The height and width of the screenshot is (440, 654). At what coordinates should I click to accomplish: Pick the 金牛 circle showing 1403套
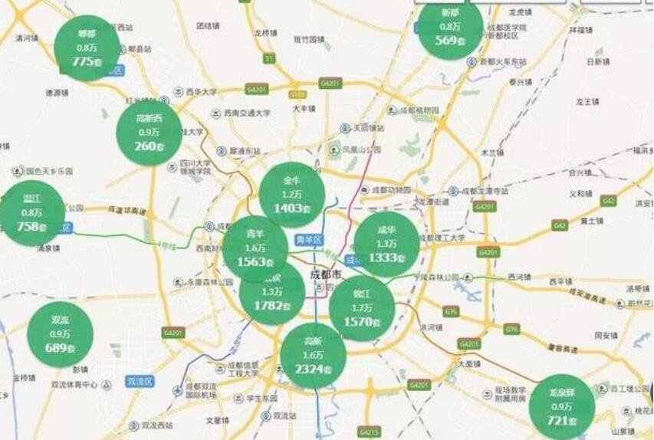(x=292, y=194)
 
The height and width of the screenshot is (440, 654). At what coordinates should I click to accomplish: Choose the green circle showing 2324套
(x=313, y=355)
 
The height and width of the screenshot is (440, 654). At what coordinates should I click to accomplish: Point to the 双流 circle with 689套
(x=60, y=334)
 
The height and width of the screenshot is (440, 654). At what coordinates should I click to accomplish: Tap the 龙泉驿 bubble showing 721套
(x=561, y=406)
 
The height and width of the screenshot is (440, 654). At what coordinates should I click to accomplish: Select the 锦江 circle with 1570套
(x=362, y=308)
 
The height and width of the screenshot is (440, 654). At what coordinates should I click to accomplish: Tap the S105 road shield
(x=297, y=94)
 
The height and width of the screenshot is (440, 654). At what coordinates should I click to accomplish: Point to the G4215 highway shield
(x=369, y=433)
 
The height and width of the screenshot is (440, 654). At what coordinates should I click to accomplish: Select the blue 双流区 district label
(x=141, y=381)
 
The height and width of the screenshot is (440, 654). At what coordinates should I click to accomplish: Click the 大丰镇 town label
(x=304, y=108)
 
